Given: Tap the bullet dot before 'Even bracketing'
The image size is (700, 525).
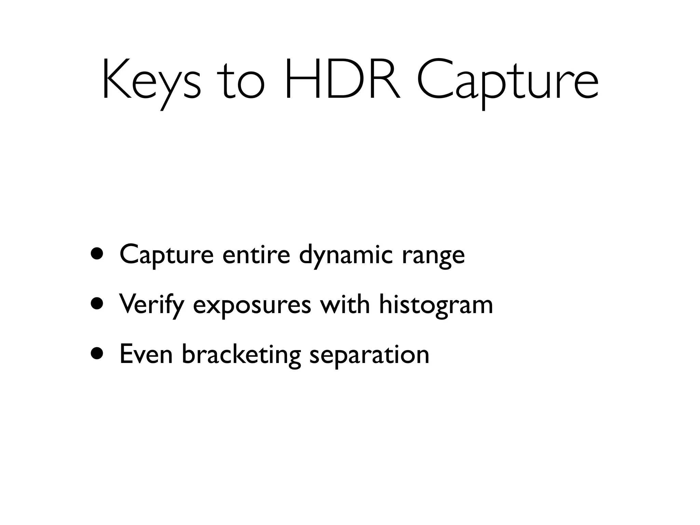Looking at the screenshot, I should click(97, 353).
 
